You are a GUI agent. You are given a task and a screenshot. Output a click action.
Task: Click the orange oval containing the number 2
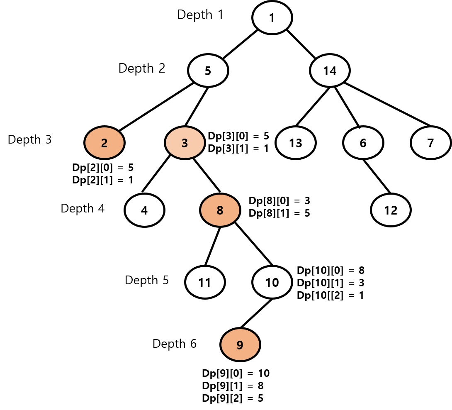click(x=104, y=143)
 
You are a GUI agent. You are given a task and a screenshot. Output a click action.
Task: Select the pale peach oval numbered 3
click(x=185, y=143)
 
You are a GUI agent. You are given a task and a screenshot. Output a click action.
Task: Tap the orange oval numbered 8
click(x=220, y=210)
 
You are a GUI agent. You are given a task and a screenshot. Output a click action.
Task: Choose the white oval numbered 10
click(x=272, y=282)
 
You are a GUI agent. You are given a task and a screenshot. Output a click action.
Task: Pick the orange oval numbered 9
click(x=240, y=344)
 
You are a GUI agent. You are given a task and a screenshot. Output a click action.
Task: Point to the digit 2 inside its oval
click(x=104, y=143)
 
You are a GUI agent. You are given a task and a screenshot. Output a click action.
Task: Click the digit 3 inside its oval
click(x=185, y=143)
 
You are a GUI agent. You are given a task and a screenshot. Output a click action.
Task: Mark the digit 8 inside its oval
click(x=220, y=211)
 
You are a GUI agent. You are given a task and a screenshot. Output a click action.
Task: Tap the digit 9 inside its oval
click(x=240, y=345)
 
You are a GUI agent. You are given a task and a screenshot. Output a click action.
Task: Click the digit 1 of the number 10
click(x=268, y=283)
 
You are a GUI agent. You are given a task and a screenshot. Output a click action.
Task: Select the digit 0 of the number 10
click(x=275, y=283)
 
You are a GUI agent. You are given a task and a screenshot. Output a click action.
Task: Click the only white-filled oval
click(x=272, y=282)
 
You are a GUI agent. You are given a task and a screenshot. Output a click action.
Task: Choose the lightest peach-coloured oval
click(x=185, y=143)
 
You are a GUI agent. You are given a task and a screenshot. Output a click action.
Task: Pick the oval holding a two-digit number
click(x=272, y=282)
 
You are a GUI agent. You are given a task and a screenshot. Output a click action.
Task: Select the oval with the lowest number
click(x=104, y=143)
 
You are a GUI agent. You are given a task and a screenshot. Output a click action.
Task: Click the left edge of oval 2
click(x=86, y=143)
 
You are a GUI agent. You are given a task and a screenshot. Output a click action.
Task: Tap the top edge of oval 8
click(x=220, y=195)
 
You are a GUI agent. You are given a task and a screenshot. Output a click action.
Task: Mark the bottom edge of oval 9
click(x=240, y=359)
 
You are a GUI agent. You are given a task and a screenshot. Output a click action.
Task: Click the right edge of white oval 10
click(x=290, y=282)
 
